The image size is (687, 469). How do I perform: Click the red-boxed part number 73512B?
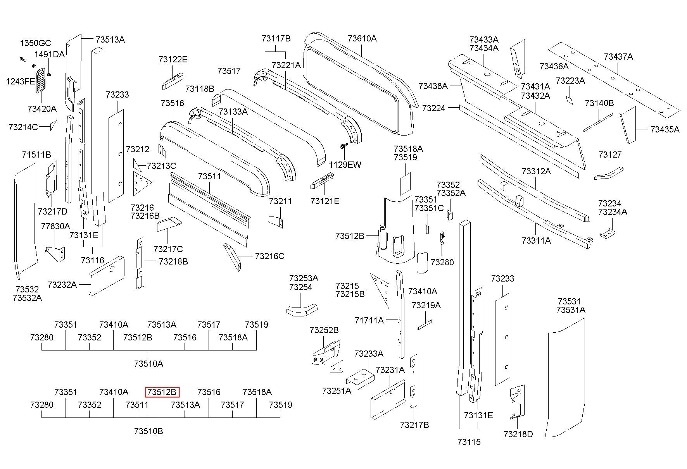(162, 392)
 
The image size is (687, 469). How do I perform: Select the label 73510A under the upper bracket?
(148, 364)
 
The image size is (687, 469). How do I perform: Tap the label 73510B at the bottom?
(148, 431)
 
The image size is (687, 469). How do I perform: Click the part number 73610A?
(362, 38)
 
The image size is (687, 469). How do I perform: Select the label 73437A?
(618, 57)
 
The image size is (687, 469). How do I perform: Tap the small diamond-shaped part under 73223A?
(568, 100)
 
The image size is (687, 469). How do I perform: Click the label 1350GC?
(35, 43)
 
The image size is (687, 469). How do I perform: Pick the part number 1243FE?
(21, 81)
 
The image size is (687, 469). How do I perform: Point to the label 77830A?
(55, 226)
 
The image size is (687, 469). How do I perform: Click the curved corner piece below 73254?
(302, 309)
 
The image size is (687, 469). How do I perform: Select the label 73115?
(469, 442)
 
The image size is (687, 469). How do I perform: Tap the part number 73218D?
(518, 434)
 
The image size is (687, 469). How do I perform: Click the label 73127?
(610, 155)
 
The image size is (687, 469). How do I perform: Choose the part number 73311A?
(536, 241)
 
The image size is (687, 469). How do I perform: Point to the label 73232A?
(62, 285)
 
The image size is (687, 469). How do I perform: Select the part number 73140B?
(599, 103)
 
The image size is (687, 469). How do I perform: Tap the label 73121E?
(325, 201)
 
